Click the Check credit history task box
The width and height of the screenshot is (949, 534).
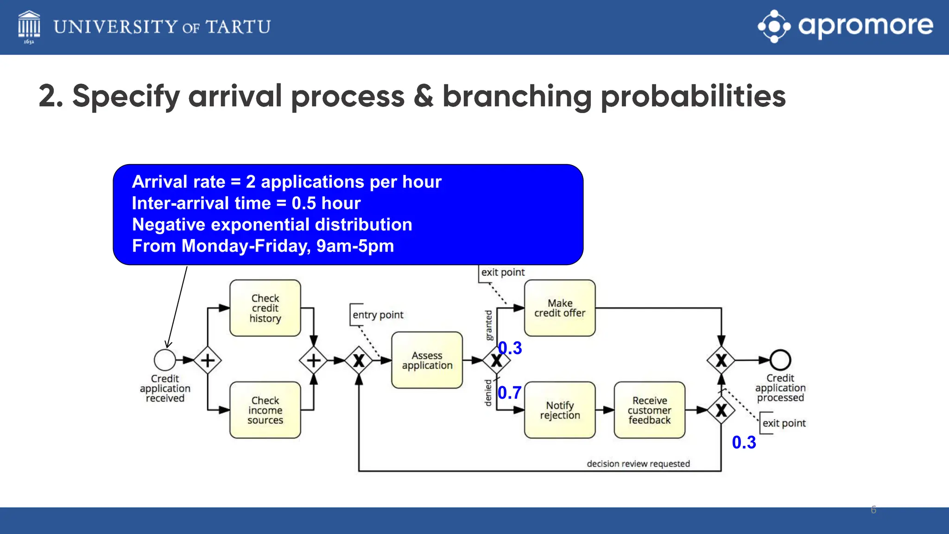point(265,308)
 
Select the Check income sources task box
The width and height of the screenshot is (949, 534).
point(265,410)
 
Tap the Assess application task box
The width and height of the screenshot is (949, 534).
point(427,360)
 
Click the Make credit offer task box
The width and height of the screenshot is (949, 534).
point(560,308)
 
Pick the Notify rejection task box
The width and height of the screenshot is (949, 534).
point(560,410)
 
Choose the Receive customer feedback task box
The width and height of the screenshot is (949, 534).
point(649,410)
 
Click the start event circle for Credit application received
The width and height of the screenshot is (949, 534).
point(165,360)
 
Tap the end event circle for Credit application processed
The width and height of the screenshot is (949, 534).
point(780,360)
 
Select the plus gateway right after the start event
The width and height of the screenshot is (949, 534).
point(208,360)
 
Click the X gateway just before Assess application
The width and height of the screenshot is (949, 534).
point(359,360)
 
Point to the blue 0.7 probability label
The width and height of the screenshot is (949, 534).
point(510,393)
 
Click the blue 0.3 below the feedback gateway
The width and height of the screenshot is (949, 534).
point(744,442)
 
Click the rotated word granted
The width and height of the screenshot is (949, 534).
point(488,325)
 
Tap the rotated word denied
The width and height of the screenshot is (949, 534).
point(488,393)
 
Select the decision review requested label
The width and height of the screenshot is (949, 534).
point(638,464)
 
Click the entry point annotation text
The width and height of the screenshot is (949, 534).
point(378,315)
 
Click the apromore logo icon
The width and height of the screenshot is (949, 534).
point(774,26)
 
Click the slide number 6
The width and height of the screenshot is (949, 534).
point(873,509)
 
